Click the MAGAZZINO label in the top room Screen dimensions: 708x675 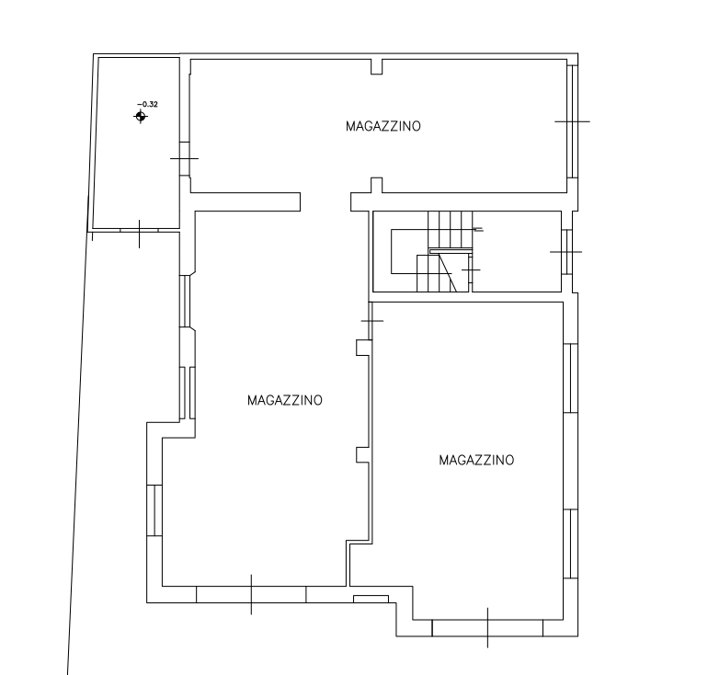(383, 126)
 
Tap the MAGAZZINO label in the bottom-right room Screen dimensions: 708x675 (476, 460)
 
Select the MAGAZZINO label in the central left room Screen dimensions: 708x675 (285, 400)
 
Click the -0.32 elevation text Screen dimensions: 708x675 (148, 104)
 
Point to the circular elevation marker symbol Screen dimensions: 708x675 (141, 117)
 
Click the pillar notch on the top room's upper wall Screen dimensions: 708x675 (377, 66)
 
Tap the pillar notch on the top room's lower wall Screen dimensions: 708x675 (377, 185)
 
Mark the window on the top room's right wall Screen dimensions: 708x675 (573, 121)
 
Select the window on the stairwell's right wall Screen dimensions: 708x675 (566, 252)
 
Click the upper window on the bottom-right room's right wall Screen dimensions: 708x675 (571, 378)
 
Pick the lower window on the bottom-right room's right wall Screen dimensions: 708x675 (571, 543)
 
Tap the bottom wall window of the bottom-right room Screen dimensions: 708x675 (487, 628)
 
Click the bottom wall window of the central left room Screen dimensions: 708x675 (251, 595)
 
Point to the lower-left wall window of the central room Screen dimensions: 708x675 (154, 510)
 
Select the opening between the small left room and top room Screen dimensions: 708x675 (185, 158)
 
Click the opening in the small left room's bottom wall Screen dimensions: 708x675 (139, 231)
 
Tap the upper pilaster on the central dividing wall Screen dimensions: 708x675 (363, 348)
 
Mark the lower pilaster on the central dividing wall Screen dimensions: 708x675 (363, 455)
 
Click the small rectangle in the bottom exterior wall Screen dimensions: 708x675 (371, 599)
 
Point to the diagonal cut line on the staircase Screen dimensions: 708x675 (447, 272)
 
